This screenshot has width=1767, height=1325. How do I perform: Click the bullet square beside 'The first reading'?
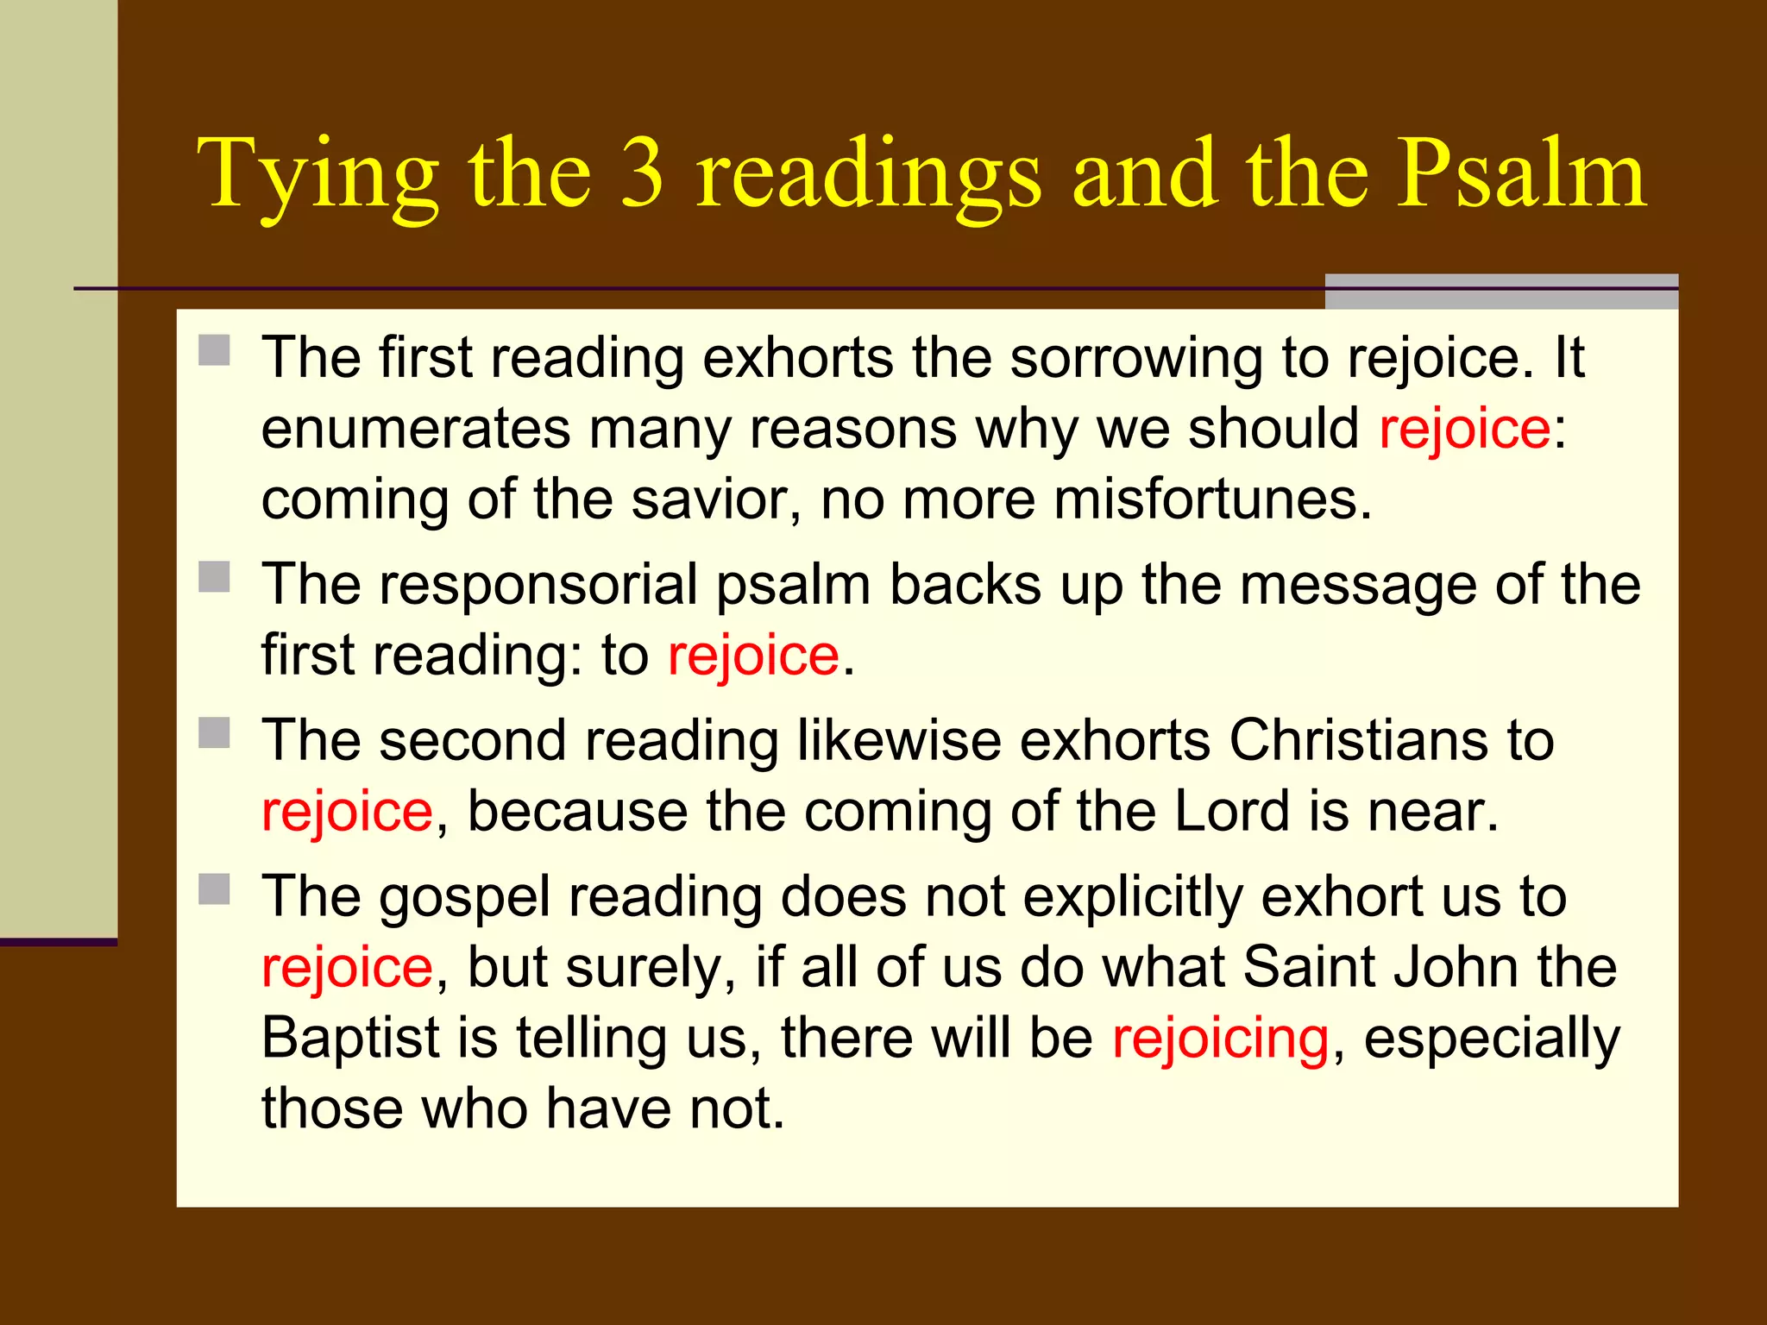pos(214,351)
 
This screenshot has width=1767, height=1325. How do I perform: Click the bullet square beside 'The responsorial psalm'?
pos(214,577)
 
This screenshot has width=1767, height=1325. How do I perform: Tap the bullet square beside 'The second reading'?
pos(214,733)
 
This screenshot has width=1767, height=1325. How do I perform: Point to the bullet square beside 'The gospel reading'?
pos(214,889)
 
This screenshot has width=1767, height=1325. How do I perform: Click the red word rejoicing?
pos(1220,1038)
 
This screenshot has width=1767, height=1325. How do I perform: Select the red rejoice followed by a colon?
pos(1464,429)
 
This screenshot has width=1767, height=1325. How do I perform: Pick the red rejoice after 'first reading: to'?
pos(753,656)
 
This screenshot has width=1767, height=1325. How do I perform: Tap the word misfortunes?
pos(1204,499)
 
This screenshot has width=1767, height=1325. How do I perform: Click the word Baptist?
pos(350,1038)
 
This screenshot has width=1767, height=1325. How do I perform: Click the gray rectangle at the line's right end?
pos(1500,292)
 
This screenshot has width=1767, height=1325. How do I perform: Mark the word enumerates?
pos(416,429)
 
